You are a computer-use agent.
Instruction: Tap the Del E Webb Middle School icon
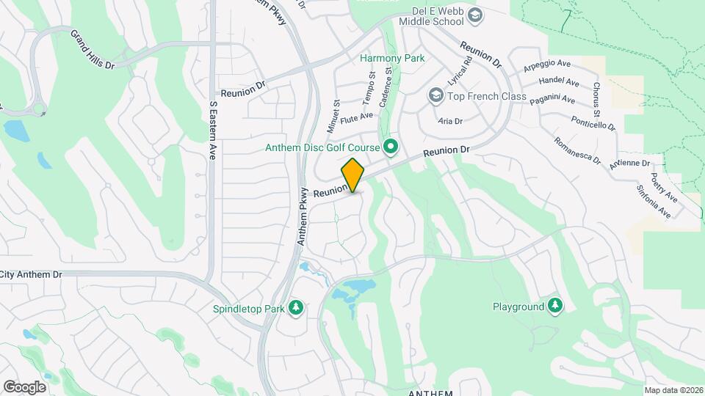[x=476, y=15]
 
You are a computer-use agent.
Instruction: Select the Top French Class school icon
[x=435, y=96]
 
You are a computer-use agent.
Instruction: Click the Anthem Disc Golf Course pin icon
[x=391, y=148]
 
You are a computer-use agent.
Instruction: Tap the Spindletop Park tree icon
[x=296, y=308]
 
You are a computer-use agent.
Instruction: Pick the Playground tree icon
[x=555, y=307]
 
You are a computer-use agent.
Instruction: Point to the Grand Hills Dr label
[x=93, y=49]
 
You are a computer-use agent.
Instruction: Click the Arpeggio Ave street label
[x=547, y=65]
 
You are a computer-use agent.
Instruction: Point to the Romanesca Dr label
[x=576, y=150]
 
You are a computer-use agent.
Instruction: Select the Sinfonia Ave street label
[x=654, y=201]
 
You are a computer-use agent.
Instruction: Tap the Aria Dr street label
[x=450, y=121]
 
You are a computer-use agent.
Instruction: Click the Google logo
[x=24, y=386]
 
